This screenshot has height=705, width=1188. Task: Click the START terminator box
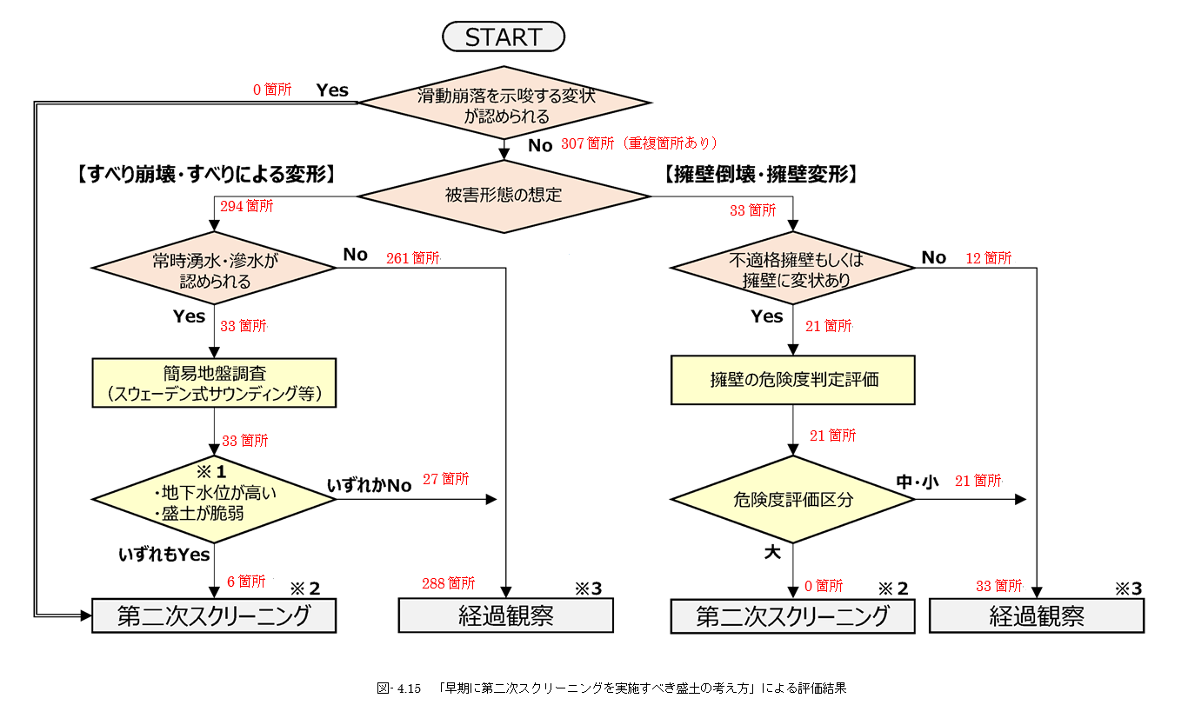504,37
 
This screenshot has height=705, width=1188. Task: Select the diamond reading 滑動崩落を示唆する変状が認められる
504,103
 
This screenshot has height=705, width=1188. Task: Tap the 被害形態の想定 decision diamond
504,195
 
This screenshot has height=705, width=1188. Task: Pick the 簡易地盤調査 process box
214,383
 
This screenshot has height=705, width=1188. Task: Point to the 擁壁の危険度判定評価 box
792,380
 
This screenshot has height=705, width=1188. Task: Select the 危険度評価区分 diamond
792,499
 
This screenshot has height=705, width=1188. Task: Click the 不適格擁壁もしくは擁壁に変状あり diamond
792,269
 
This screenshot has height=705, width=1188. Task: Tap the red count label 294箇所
247,207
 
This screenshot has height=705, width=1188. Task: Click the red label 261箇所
413,258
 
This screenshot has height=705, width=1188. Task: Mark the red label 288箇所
449,582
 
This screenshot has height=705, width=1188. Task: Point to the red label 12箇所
988,258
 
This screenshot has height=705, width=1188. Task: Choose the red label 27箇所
445,478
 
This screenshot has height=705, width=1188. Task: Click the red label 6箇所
245,582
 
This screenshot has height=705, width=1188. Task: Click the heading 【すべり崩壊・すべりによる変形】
201,174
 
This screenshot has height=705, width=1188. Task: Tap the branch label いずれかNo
369,484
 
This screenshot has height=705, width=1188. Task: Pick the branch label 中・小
918,481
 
